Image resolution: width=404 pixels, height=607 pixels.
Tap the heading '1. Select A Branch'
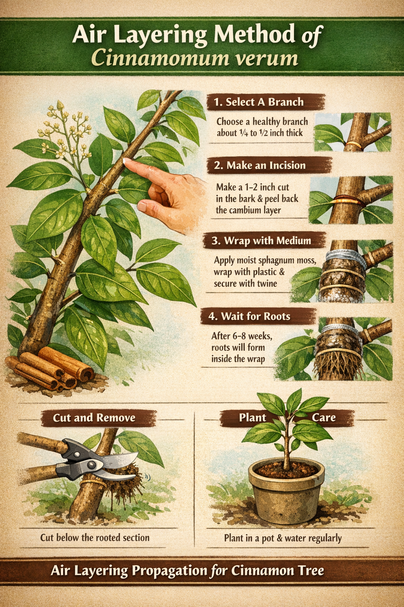coord(259,102)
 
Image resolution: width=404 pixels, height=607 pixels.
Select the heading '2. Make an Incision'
coord(260,165)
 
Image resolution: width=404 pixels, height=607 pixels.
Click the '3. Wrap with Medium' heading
coord(261,241)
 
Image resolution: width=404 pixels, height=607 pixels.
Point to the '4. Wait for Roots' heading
coord(249,316)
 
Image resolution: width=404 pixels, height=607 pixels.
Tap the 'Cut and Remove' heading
coord(94,418)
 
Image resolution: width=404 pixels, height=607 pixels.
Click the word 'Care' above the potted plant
coord(324,417)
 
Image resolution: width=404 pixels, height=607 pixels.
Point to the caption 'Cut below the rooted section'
coord(95,537)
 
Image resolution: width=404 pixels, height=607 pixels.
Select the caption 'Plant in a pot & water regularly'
coord(283,538)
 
